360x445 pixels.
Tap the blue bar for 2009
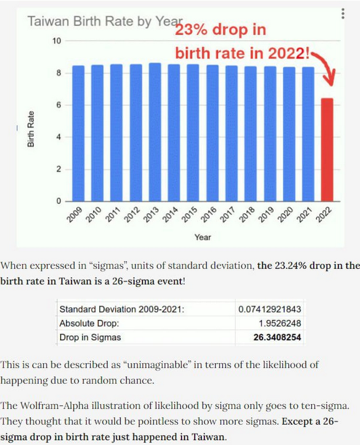[x=79, y=133]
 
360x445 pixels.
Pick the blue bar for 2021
[x=308, y=134]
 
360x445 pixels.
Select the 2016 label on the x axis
[x=208, y=214]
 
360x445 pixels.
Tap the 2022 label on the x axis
[x=323, y=214]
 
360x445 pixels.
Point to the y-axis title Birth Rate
[x=30, y=128]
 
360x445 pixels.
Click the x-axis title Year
[x=203, y=237]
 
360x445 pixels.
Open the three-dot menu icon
[x=343, y=14]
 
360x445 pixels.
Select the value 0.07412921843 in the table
[x=270, y=309]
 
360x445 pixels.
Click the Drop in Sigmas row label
[x=90, y=337]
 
